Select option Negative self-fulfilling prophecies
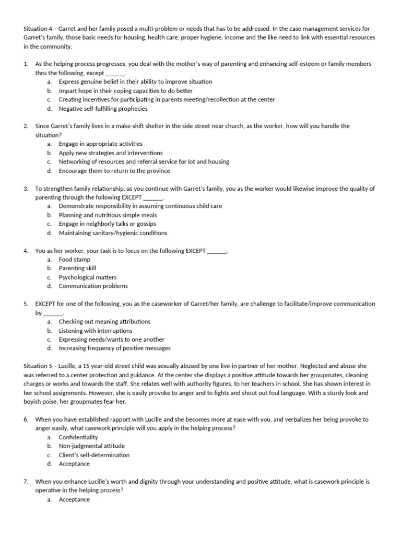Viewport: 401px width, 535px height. point(103,109)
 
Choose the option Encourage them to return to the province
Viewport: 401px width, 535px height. point(114,170)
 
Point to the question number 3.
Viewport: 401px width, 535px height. point(26,189)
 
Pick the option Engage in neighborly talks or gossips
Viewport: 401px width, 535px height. point(107,224)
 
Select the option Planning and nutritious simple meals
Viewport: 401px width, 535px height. point(108,215)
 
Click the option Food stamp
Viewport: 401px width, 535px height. point(74,259)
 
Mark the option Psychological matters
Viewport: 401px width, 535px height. point(87,277)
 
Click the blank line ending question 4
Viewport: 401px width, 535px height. point(217,251)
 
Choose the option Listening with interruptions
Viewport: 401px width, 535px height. point(95,331)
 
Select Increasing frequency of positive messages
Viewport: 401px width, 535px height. point(114,348)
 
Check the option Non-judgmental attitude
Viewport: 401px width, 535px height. point(91,446)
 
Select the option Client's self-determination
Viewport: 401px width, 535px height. point(94,455)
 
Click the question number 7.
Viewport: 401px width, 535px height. point(26,482)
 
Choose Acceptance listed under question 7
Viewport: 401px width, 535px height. point(74,499)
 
